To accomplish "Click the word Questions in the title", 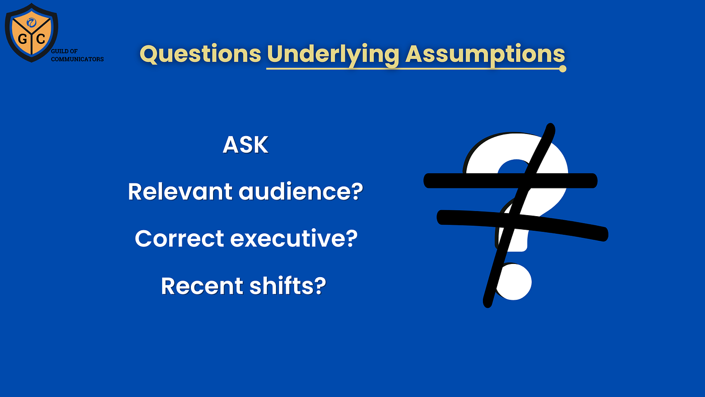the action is [200, 54].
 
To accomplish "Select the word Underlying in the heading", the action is [333, 55].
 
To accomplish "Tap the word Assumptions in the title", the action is [485, 55].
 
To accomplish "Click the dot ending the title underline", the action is [562, 69].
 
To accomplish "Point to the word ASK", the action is [246, 145].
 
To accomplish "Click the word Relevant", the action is [180, 191].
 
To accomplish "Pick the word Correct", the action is [179, 238].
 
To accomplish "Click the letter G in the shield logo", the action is [22, 39].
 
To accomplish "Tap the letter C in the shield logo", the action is [41, 39].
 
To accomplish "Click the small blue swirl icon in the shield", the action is [31, 22].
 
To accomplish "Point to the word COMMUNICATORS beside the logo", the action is [77, 59].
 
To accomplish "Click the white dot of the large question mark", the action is [514, 282].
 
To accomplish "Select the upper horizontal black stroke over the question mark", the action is [511, 181].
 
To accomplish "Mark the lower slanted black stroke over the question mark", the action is [523, 225].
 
